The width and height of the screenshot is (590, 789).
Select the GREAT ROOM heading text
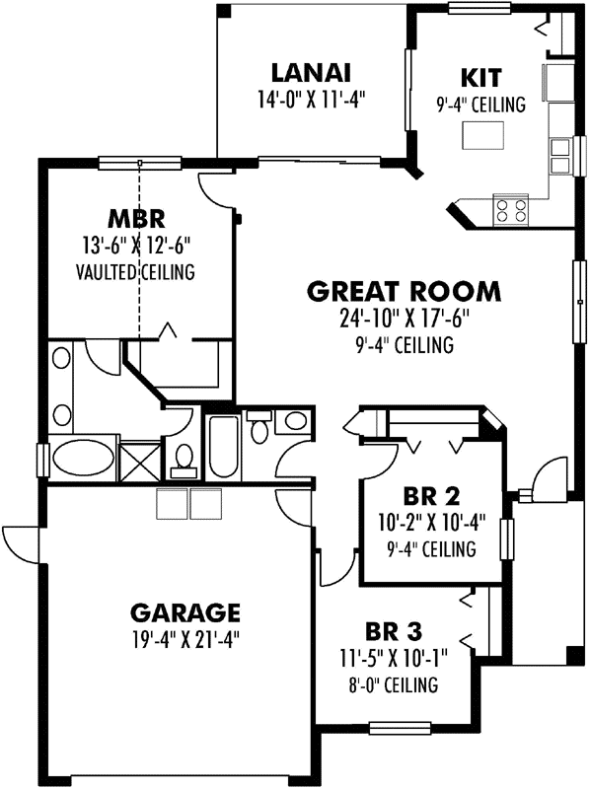(404, 292)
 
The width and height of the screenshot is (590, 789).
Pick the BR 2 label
(432, 496)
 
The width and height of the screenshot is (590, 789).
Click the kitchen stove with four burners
(512, 208)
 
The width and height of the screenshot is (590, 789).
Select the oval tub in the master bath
(81, 460)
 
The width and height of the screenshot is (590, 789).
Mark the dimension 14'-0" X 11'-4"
(312, 99)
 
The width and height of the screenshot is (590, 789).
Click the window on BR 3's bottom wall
(398, 730)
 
